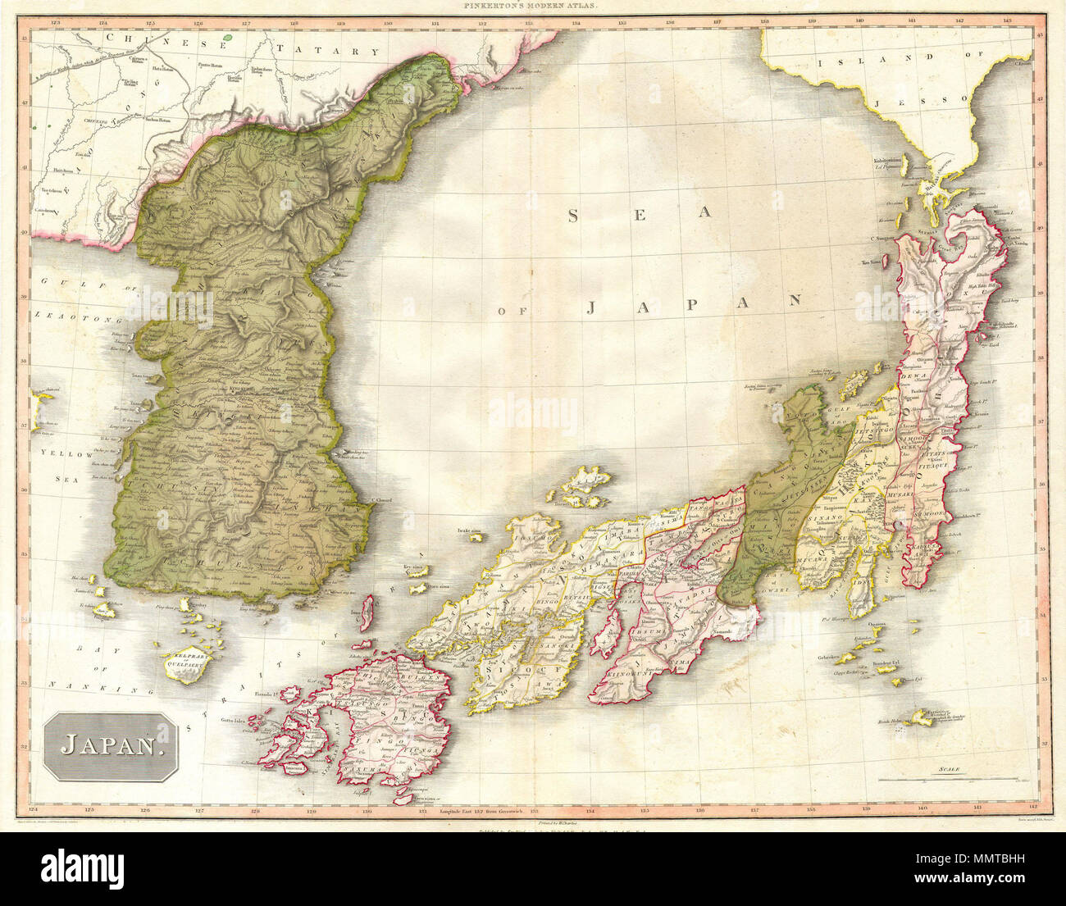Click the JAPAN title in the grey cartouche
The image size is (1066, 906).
tap(110, 745)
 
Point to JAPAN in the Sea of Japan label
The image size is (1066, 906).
tap(693, 304)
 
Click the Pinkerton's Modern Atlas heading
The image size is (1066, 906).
tap(534, 6)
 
